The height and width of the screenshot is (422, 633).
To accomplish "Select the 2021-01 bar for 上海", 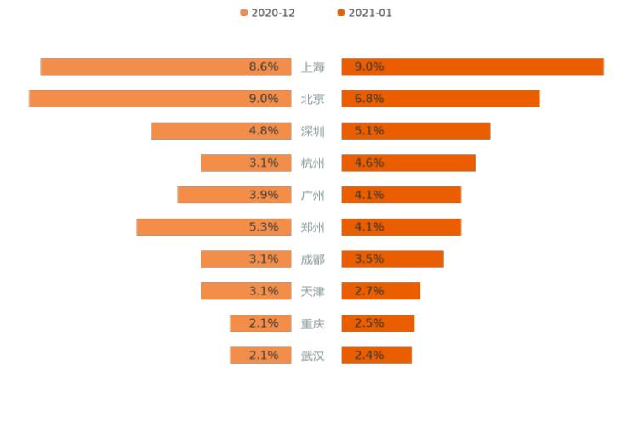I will (x=472, y=66).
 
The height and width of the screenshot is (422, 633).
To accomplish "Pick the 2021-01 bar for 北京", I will (x=441, y=99).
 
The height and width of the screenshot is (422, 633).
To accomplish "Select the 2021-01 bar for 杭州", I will (x=408, y=163).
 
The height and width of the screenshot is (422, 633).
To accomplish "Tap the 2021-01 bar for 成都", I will (x=392, y=259).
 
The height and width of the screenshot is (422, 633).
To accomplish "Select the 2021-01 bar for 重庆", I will (x=378, y=323).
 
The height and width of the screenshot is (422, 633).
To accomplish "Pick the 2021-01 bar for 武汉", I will (x=376, y=356).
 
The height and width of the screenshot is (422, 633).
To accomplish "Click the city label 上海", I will (x=313, y=66).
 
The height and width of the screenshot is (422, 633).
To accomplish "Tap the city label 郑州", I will (x=313, y=227).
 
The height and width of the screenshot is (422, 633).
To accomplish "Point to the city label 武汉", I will (x=313, y=356).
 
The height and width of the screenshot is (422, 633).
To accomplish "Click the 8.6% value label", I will (x=264, y=66).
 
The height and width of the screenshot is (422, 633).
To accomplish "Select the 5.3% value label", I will (x=264, y=227).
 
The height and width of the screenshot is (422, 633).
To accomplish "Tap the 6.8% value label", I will (x=369, y=99).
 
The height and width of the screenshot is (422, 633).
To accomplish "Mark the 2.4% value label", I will (x=369, y=356).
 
